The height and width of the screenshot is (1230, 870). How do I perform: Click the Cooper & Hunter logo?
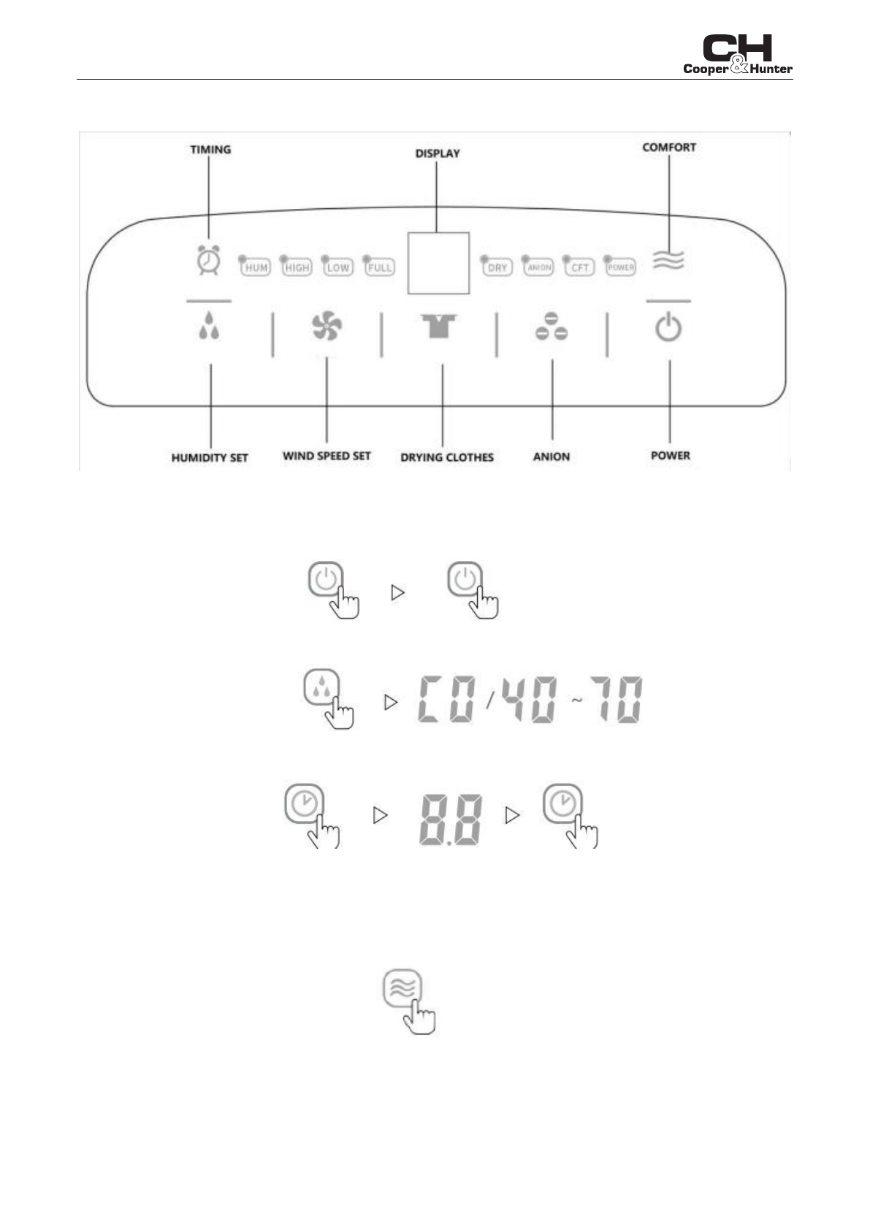tap(737, 56)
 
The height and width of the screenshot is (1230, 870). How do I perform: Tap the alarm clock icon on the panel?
tap(209, 260)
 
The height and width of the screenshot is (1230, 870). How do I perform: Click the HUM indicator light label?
tap(256, 267)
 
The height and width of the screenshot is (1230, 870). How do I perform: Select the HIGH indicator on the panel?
tap(297, 267)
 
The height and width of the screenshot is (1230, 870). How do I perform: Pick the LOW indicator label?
tap(337, 267)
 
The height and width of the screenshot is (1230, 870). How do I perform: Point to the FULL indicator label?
tap(380, 267)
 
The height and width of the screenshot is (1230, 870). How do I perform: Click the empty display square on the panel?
tap(438, 263)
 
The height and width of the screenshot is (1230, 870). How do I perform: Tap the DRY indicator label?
tap(497, 267)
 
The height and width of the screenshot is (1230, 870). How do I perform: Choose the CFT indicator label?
tap(579, 267)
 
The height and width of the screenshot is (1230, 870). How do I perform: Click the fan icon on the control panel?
tap(327, 326)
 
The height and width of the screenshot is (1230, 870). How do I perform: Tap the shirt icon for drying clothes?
tap(438, 326)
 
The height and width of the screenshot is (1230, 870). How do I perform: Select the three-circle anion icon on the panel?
tap(552, 327)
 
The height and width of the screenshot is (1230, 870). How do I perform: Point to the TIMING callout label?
tap(210, 150)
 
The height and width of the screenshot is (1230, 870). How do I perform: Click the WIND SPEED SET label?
tap(327, 456)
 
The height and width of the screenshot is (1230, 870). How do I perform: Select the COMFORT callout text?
tap(669, 148)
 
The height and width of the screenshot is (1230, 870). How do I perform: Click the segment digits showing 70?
tap(617, 700)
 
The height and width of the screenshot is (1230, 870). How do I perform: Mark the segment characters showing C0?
tap(447, 700)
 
